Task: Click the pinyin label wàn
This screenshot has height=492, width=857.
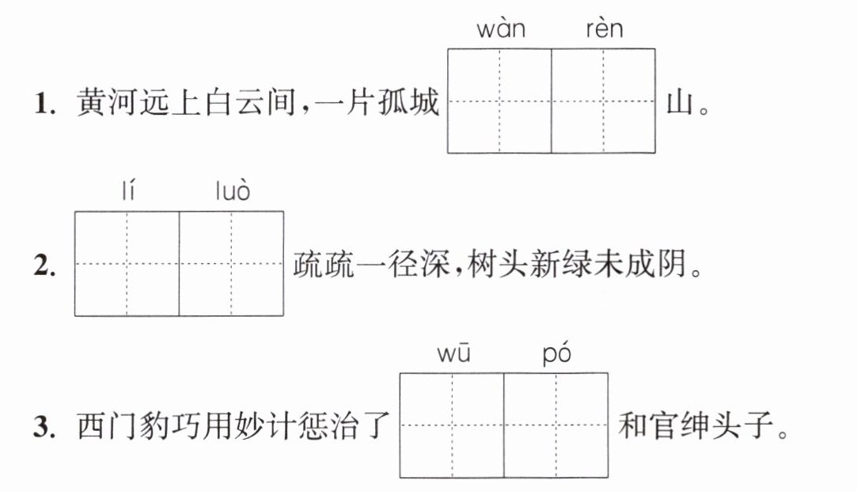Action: pyautogui.click(x=501, y=29)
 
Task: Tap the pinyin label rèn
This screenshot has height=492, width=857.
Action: pyautogui.click(x=604, y=29)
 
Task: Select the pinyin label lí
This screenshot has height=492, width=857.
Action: pyautogui.click(x=128, y=190)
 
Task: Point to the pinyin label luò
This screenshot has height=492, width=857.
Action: pyautogui.click(x=233, y=190)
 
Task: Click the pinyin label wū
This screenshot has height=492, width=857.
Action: pyautogui.click(x=453, y=353)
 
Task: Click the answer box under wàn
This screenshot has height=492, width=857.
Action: pyautogui.click(x=499, y=101)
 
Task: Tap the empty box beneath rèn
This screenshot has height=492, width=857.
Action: pyautogui.click(x=604, y=101)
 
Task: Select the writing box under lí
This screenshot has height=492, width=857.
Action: pyautogui.click(x=127, y=264)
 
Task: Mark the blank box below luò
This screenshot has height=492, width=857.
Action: pyautogui.click(x=231, y=264)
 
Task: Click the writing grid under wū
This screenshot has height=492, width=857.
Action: pyautogui.click(x=452, y=425)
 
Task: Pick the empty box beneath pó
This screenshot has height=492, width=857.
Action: pyautogui.click(x=556, y=425)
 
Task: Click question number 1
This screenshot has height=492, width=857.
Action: pyautogui.click(x=45, y=103)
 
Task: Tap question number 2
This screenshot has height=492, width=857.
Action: pyautogui.click(x=45, y=265)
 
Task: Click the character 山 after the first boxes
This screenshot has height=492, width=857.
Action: pyautogui.click(x=680, y=101)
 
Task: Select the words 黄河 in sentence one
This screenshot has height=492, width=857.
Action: pyautogui.click(x=107, y=102)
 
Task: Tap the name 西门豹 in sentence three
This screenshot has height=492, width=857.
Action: pyautogui.click(x=123, y=425)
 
